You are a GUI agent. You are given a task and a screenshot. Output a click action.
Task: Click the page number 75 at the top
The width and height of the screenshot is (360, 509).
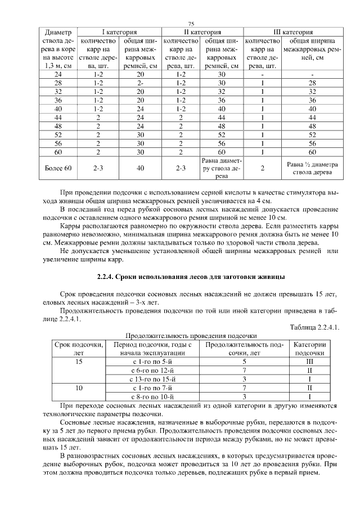pos(191,24)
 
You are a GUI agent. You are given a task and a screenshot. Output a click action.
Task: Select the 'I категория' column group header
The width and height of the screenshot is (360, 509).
pos(119,32)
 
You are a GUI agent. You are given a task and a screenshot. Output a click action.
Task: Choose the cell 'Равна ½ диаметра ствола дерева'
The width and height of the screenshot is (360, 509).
pos(311,168)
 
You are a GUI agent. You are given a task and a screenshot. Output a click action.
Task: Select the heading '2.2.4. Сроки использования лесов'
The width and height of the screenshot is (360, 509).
pos(191,277)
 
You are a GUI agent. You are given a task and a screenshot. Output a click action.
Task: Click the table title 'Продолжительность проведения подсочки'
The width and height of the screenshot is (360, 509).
pos(191,336)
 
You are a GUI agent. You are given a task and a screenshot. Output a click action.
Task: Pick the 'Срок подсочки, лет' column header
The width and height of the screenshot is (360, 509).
pos(79,348)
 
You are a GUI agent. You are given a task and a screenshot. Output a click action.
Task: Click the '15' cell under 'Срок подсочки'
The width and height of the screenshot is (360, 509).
pos(79,362)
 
